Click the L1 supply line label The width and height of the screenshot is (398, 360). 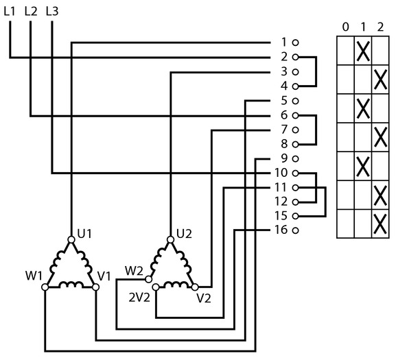[10, 12]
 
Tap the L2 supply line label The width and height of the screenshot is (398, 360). [31, 12]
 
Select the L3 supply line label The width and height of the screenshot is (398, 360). [52, 12]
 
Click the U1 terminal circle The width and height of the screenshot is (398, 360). [71, 239]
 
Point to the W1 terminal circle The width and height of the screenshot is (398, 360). [45, 287]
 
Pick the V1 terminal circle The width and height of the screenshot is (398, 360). [95, 287]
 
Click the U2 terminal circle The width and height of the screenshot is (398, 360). [171, 239]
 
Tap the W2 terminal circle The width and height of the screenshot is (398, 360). [148, 279]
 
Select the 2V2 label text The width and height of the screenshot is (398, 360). [139, 298]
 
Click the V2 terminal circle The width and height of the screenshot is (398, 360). [195, 287]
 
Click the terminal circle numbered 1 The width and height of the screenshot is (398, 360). [295, 43]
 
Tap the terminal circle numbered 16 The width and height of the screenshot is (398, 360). [295, 230]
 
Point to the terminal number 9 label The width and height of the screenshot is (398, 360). [284, 158]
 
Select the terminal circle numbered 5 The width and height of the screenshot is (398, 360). [295, 101]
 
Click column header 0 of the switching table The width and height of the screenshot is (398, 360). [345, 27]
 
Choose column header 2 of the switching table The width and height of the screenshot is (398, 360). [380, 27]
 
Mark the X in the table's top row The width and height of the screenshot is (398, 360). [363, 51]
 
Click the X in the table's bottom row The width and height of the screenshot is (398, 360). [380, 224]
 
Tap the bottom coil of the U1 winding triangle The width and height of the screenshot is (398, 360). [71, 285]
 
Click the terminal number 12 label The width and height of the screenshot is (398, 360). [281, 202]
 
